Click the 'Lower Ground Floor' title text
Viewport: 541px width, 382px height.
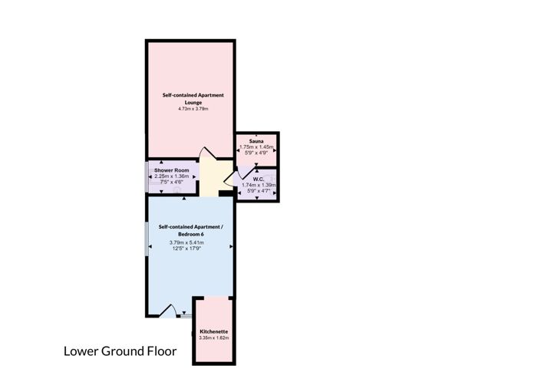pos(119,352)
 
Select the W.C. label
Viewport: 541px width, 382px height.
pos(258,179)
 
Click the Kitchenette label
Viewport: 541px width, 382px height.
pos(214,331)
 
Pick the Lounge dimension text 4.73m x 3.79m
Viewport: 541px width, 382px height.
pos(193,109)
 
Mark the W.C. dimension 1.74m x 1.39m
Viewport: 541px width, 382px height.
pos(258,185)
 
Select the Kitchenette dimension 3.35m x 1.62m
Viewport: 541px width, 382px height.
pos(214,338)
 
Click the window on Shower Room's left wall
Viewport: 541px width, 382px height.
pos(147,176)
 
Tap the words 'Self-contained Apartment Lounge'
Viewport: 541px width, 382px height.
pos(193,98)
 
